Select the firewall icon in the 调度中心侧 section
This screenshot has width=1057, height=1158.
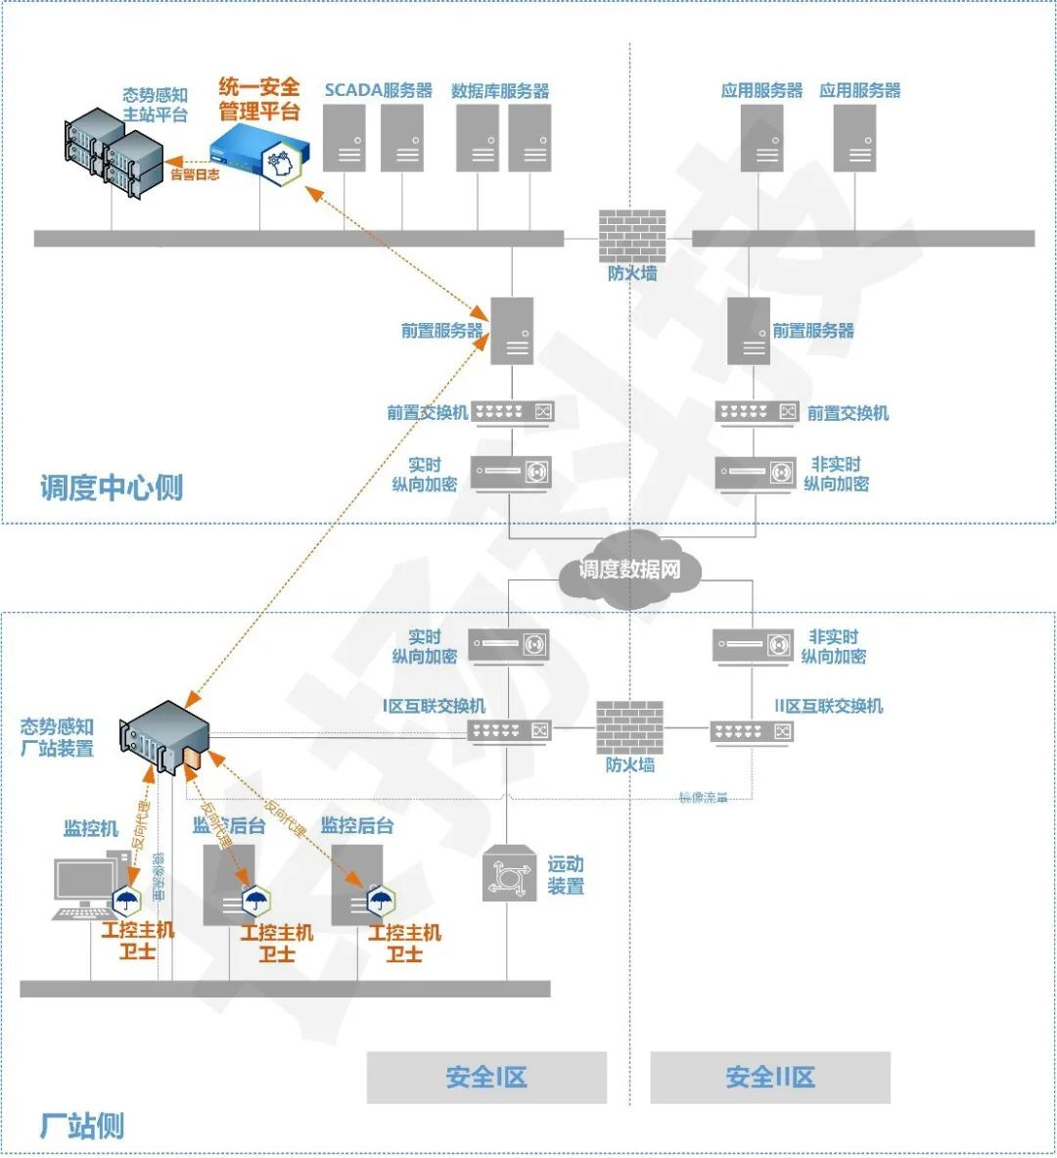[631, 235]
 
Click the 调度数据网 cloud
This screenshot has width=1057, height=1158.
[629, 569]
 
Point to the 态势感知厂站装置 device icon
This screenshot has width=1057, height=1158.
[164, 737]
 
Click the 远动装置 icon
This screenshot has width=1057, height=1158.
[509, 874]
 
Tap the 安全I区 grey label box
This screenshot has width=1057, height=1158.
[486, 1078]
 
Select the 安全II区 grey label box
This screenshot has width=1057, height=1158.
[770, 1078]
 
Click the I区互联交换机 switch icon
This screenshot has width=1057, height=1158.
[509, 730]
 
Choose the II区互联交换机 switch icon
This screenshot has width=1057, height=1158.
[751, 731]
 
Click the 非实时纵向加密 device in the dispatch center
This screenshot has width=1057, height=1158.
[755, 473]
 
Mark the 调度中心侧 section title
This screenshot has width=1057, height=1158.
[112, 486]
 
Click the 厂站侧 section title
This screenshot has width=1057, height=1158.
[82, 1126]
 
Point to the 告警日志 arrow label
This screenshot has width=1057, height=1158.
[195, 174]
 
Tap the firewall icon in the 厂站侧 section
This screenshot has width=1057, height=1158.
[629, 727]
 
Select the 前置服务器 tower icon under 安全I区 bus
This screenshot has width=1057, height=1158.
[512, 331]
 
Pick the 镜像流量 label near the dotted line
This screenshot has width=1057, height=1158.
[703, 798]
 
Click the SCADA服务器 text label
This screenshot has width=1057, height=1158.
[378, 90]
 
